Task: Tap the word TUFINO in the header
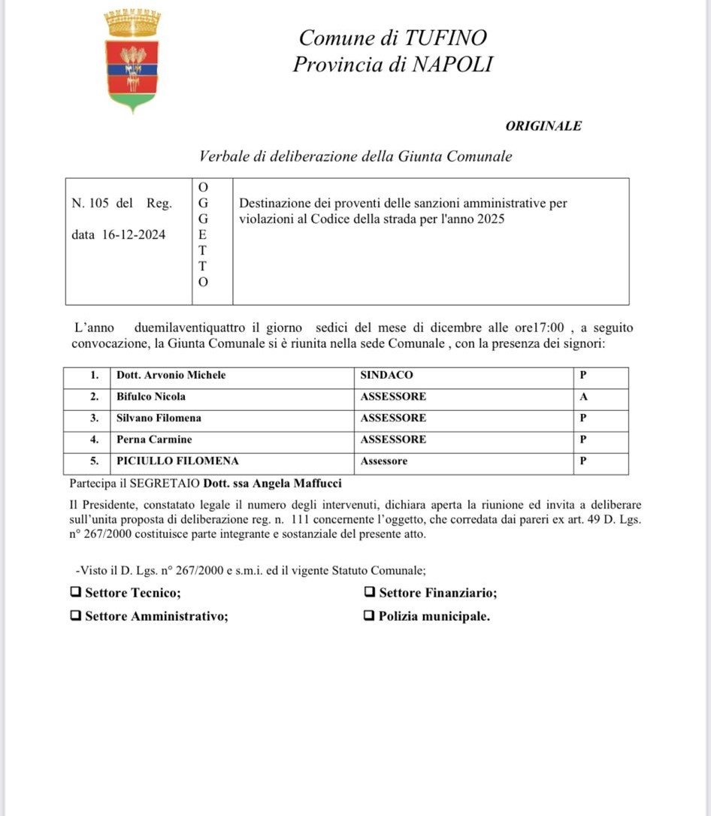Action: tap(446, 38)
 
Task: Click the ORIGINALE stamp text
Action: tap(543, 126)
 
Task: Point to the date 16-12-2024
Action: tap(134, 234)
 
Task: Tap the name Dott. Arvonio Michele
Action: tap(171, 375)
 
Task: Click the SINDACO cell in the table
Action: tap(386, 375)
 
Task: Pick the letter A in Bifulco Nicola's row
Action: tap(583, 397)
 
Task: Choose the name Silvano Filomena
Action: tap(159, 418)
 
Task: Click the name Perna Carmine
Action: tap(154, 440)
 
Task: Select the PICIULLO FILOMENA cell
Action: tap(177, 461)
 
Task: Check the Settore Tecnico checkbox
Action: tap(75, 592)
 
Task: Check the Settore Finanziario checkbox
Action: tap(369, 592)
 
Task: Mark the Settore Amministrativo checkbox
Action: tap(75, 616)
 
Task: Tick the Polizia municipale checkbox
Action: tap(369, 616)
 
